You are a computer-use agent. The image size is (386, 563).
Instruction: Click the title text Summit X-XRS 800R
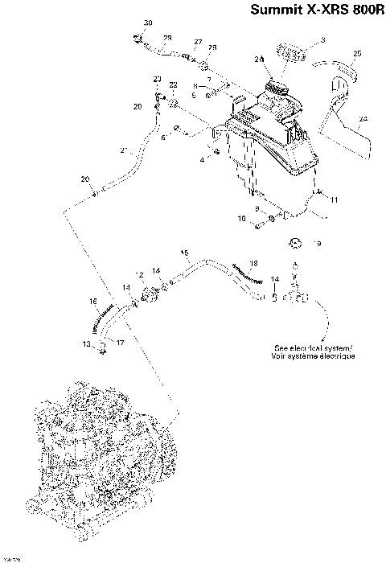(317, 11)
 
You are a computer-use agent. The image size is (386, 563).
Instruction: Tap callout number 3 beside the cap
(322, 39)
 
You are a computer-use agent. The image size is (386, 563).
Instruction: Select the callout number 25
(357, 53)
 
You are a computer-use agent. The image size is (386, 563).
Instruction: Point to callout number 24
(363, 119)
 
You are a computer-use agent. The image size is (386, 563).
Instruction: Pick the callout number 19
(317, 242)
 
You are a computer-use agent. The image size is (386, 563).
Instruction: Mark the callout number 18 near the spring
(253, 264)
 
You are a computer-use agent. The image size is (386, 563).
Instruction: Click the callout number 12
(139, 276)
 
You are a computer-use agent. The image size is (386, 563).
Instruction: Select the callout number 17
(121, 342)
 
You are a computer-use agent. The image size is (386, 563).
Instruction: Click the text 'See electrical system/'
(313, 347)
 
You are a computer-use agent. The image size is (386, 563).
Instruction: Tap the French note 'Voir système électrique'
(313, 355)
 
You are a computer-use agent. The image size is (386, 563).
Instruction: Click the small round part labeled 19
(295, 243)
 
